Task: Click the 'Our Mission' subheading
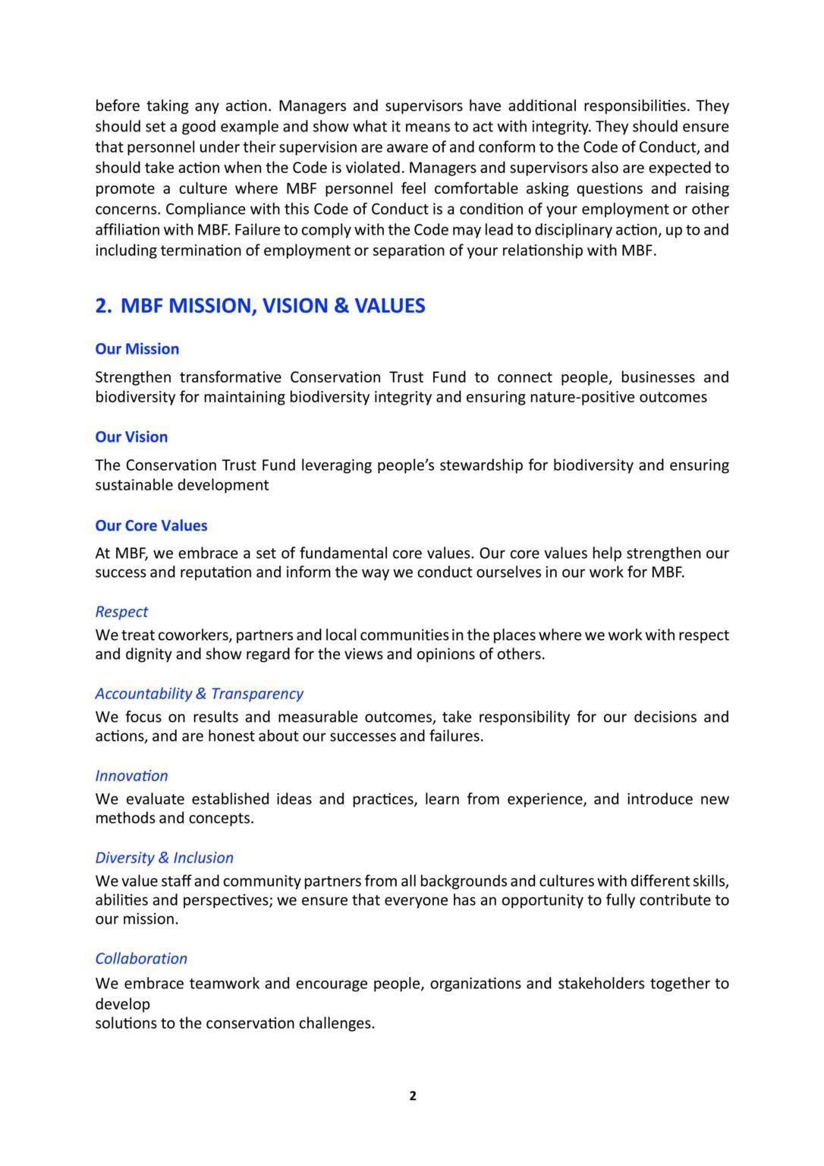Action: [137, 349]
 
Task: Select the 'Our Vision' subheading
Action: [131, 437]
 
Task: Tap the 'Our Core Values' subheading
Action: [151, 526]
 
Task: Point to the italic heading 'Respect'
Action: [121, 612]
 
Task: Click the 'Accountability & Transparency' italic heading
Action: [199, 694]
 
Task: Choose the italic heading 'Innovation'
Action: [131, 776]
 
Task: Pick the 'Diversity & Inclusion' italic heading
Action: [164, 858]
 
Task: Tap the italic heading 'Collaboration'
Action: [141, 959]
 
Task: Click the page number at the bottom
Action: [413, 1096]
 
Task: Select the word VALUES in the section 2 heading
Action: [390, 306]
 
